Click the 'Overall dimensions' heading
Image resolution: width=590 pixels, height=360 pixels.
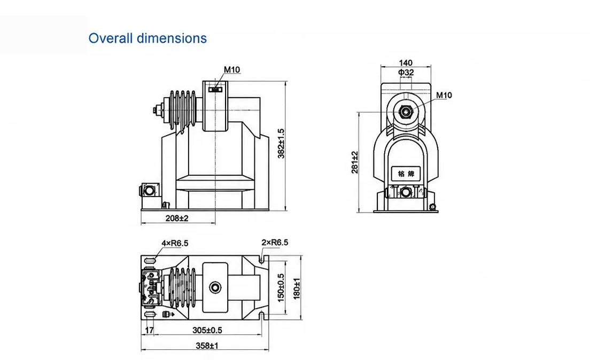tap(147, 38)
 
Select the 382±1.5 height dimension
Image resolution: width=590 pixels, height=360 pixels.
tap(281, 144)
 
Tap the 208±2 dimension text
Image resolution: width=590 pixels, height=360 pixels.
tap(177, 218)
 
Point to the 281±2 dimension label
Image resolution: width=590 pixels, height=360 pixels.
tap(354, 162)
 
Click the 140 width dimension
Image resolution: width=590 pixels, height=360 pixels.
tap(406, 63)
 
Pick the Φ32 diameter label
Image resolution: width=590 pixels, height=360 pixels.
tap(406, 72)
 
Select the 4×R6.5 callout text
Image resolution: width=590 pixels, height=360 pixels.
tap(175, 244)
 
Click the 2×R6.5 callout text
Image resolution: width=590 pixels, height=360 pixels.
tap(275, 242)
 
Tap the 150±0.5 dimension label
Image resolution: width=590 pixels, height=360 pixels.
tap(281, 288)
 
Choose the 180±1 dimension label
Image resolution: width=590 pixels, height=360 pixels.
tap(297, 288)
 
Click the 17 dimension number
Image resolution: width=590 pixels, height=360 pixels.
tap(150, 330)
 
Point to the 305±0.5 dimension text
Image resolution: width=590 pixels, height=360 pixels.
tap(207, 330)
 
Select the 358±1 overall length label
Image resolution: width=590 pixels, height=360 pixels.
tap(207, 346)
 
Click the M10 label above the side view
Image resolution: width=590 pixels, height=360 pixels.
tap(232, 69)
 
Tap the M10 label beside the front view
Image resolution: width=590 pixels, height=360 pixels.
tap(444, 95)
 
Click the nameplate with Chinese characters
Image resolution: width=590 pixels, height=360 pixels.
tap(406, 174)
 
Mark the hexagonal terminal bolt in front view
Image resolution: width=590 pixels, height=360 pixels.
tap(405, 112)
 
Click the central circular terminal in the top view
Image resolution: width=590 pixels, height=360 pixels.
tap(215, 288)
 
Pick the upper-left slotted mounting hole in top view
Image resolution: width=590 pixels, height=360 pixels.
tap(150, 261)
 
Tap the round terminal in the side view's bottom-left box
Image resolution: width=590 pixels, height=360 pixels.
tap(150, 191)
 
